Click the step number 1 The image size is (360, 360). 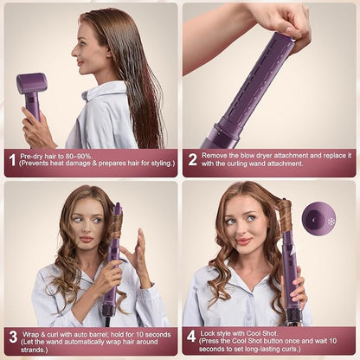12,159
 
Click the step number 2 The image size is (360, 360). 193,159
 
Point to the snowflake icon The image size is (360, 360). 331,221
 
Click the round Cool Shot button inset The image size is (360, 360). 319,220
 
